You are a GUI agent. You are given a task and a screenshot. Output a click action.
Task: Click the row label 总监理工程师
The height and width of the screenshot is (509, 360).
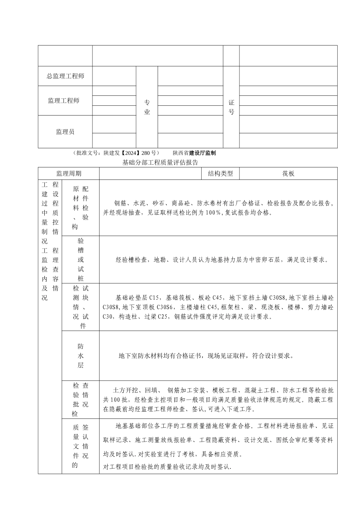(x=65, y=76)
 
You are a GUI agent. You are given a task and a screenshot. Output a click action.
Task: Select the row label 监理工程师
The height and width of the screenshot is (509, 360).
(x=64, y=101)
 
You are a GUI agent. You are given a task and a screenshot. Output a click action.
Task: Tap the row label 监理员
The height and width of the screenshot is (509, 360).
(x=65, y=132)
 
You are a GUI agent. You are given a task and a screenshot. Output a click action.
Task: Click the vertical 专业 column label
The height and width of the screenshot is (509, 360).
(x=147, y=107)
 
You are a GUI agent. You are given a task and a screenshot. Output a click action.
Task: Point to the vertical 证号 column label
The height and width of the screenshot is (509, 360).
(x=232, y=107)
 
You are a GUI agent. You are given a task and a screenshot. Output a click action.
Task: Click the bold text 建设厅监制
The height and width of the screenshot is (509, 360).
(x=202, y=153)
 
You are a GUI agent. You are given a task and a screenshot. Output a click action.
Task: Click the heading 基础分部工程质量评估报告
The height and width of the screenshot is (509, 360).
(x=160, y=163)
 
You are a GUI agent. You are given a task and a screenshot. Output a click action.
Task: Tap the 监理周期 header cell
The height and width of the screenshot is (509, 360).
(x=69, y=174)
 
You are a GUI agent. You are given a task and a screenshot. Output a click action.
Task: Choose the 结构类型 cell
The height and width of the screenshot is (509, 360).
(x=221, y=174)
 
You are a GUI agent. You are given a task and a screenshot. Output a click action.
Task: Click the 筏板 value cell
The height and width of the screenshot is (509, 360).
(x=288, y=174)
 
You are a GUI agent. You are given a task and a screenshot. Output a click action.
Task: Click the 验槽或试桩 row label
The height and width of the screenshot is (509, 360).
(x=81, y=260)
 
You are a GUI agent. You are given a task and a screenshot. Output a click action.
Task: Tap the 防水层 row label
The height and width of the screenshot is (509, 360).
(x=81, y=356)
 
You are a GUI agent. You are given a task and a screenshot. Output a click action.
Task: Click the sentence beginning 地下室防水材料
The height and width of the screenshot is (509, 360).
(x=206, y=356)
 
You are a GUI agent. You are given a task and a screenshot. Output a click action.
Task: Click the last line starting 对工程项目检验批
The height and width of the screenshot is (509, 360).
(x=167, y=467)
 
